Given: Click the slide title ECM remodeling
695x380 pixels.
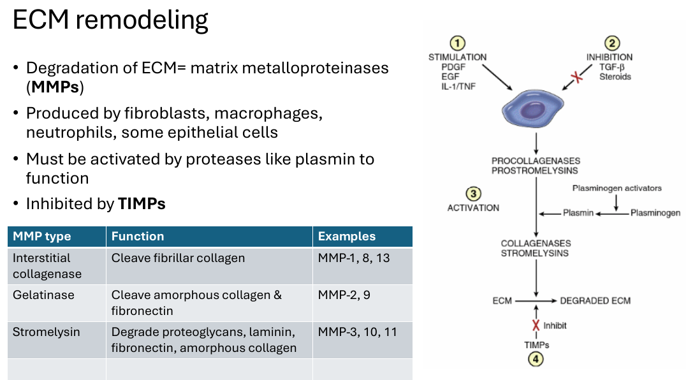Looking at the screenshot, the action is tap(110, 20).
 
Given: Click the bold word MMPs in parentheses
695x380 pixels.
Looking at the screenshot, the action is tap(55, 87).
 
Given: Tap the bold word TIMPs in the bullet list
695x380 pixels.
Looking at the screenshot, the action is tap(142, 203).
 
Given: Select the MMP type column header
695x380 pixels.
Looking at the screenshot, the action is tap(41, 237).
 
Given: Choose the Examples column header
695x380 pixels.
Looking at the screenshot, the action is tap(347, 237).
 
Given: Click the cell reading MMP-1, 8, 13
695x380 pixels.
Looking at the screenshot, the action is tap(354, 258).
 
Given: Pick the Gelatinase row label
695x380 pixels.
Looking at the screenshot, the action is tap(43, 295).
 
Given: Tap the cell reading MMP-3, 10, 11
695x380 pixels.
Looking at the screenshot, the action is tap(357, 332).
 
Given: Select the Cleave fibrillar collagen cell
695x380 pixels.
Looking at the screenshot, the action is tap(178, 258).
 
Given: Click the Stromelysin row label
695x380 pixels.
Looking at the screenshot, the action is tap(46, 332).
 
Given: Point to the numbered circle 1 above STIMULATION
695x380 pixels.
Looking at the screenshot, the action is tap(457, 43).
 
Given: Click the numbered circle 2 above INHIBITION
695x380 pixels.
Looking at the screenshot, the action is tap(612, 43).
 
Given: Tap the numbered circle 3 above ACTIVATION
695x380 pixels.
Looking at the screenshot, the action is tap(473, 194).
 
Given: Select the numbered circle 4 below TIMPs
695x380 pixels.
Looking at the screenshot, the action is tap(536, 359).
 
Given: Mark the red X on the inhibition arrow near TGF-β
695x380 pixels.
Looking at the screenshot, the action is tap(576, 78).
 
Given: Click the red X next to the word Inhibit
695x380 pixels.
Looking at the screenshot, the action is tap(536, 325).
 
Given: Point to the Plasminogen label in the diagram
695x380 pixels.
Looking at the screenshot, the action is tap(655, 213).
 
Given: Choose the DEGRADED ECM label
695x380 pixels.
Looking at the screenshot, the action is tap(596, 301).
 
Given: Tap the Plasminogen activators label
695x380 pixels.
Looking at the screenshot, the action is tap(617, 188).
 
